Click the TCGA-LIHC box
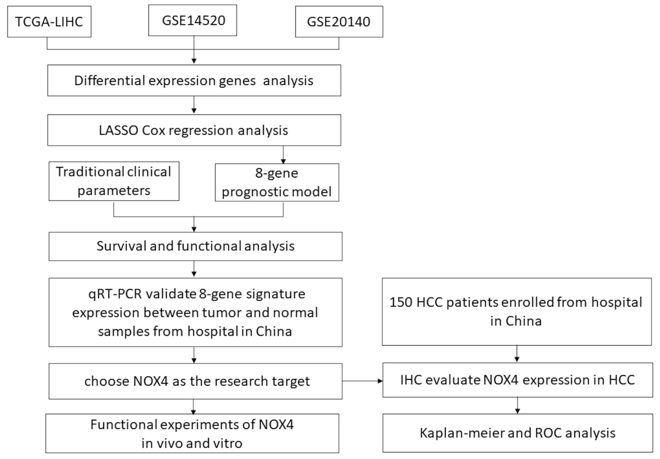(49, 21)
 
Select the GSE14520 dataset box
(193, 20)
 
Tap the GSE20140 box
(339, 21)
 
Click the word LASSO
(118, 130)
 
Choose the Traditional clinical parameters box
(114, 181)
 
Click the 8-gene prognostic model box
(277, 182)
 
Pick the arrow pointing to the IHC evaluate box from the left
(363, 381)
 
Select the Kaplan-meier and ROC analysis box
(517, 433)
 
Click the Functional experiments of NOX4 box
(192, 433)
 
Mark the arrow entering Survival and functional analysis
(194, 225)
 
